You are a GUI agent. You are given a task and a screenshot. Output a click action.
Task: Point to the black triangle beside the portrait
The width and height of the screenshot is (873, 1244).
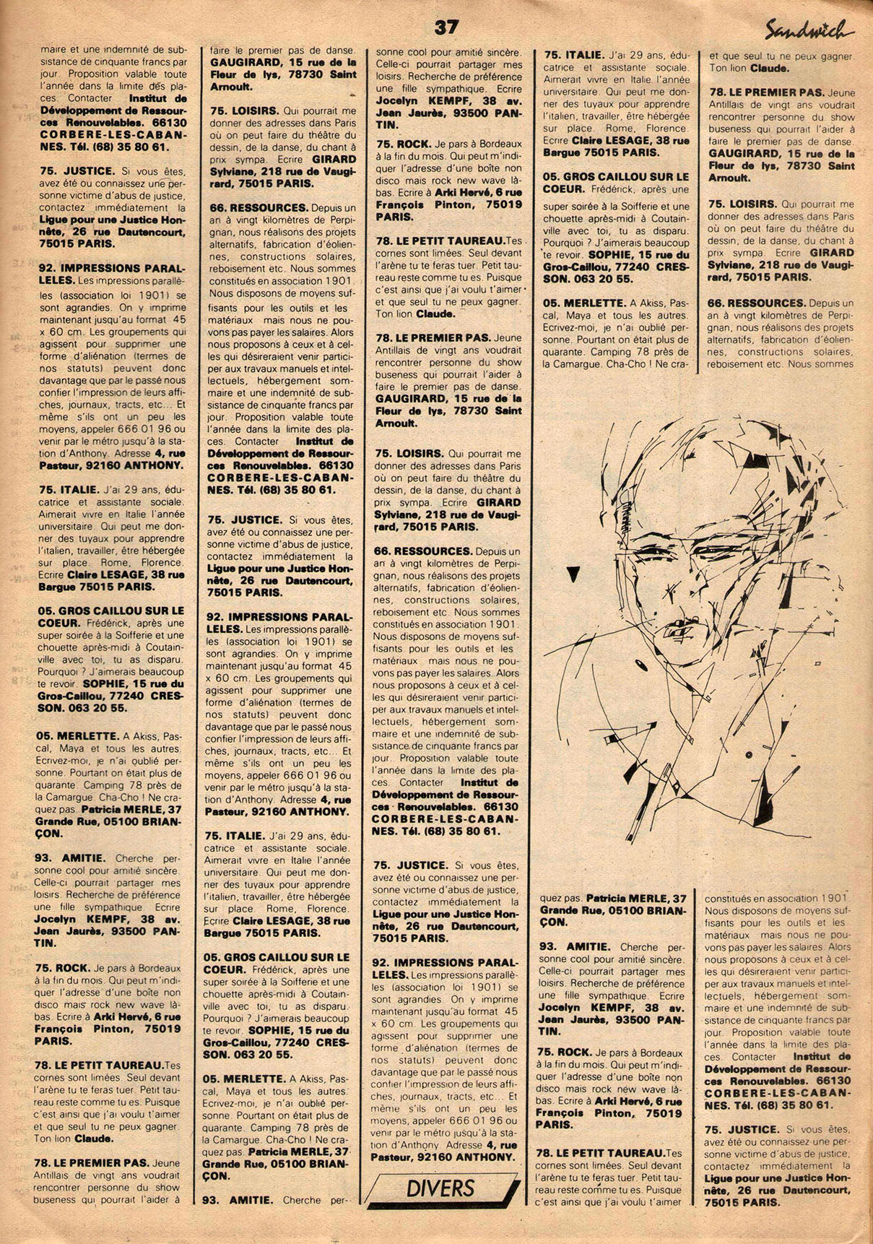(573, 574)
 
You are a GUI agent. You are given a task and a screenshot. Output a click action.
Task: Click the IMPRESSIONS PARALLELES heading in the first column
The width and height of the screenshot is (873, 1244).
(111, 273)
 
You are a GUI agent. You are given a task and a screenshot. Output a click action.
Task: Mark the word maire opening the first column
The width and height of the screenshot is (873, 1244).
(51, 50)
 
